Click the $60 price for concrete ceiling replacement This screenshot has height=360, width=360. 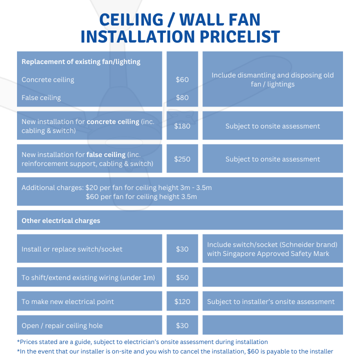point(182,79)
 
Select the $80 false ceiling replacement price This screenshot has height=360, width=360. point(182,98)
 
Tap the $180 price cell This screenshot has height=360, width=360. point(182,126)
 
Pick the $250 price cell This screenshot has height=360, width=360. point(182,159)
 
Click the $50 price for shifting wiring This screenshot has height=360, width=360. point(182,277)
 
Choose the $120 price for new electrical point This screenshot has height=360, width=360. point(182,301)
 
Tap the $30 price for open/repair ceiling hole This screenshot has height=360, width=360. point(182,325)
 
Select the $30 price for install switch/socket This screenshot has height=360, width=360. point(182,249)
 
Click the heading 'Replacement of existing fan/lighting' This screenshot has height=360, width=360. point(81,62)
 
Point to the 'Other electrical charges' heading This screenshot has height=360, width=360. point(61,220)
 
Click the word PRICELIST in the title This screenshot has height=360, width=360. point(239,36)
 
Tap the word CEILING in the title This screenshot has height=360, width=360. point(131,19)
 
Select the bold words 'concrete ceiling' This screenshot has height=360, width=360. point(113,121)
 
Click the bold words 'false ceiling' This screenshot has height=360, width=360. point(106,154)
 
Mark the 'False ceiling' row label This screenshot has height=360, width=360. point(41,98)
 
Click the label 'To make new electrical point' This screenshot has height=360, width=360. point(67,301)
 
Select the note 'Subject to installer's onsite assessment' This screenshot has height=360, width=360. point(270,301)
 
